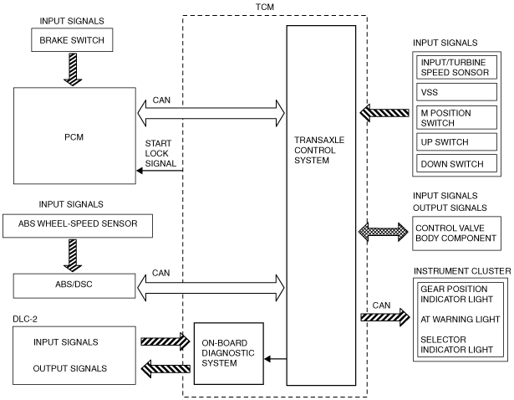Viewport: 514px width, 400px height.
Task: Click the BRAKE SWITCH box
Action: click(72, 39)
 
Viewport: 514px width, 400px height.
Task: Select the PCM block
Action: click(74, 136)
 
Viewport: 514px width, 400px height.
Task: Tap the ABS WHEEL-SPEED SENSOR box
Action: click(78, 226)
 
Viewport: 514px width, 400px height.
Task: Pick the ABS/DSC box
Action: click(74, 286)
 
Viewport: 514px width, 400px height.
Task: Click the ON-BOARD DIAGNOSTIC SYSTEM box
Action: click(229, 353)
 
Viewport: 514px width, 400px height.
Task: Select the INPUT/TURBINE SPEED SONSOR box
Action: click(456, 67)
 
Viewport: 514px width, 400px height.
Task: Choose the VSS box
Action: click(456, 92)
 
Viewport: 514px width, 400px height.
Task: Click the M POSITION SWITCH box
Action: click(456, 117)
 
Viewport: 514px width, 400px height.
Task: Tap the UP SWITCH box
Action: click(456, 141)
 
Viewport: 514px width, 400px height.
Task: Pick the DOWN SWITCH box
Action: click(456, 163)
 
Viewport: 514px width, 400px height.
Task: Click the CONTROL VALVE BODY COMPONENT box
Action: click(456, 233)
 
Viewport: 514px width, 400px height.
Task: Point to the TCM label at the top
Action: click(265, 7)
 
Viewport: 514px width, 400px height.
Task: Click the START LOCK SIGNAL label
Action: click(160, 153)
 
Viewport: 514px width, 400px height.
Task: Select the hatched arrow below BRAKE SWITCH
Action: click(73, 69)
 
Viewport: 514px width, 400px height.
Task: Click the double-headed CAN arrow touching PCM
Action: click(211, 113)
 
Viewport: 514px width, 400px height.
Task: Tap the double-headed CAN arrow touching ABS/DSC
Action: click(211, 288)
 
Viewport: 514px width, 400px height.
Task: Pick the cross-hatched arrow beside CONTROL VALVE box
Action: click(384, 232)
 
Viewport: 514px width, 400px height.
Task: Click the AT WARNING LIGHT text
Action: click(461, 320)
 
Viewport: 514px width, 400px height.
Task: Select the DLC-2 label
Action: click(25, 319)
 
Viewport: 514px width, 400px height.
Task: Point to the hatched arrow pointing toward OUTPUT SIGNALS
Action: click(165, 369)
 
